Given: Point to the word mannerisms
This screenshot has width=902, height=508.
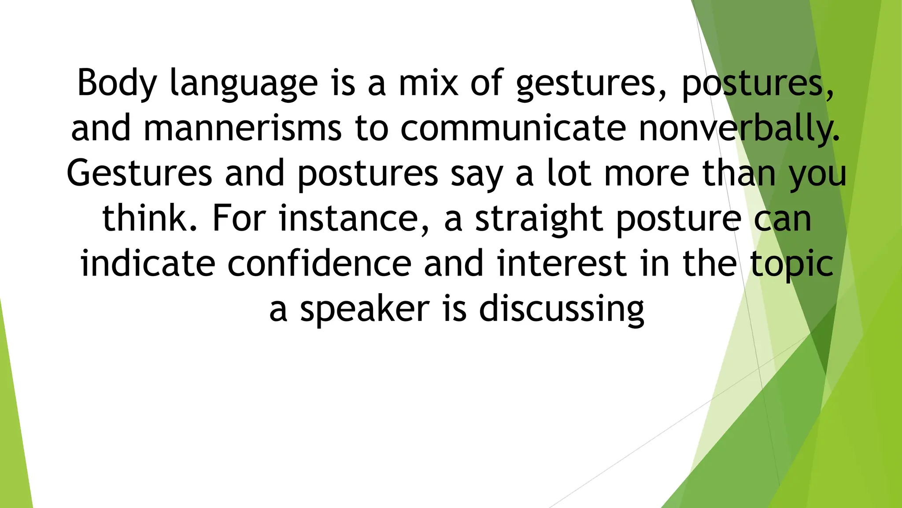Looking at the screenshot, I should pyautogui.click(x=243, y=128).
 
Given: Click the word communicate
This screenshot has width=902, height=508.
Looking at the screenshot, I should pyautogui.click(x=513, y=128).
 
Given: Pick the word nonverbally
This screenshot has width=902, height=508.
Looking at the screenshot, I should pyautogui.click(x=739, y=128).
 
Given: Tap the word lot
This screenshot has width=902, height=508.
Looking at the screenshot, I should pyautogui.click(x=569, y=173).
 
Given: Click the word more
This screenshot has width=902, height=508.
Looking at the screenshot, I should pyautogui.click(x=646, y=174).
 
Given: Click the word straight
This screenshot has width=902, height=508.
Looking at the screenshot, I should pyautogui.click(x=538, y=219).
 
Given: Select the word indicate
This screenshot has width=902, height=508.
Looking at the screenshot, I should pyautogui.click(x=148, y=263).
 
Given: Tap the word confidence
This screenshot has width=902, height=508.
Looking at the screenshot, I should pyautogui.click(x=319, y=263).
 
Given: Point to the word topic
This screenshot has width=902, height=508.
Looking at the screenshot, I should pyautogui.click(x=791, y=264).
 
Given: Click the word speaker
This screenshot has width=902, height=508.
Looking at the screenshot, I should pyautogui.click(x=365, y=310).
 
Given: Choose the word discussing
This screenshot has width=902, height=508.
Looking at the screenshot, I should pyautogui.click(x=562, y=310).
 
